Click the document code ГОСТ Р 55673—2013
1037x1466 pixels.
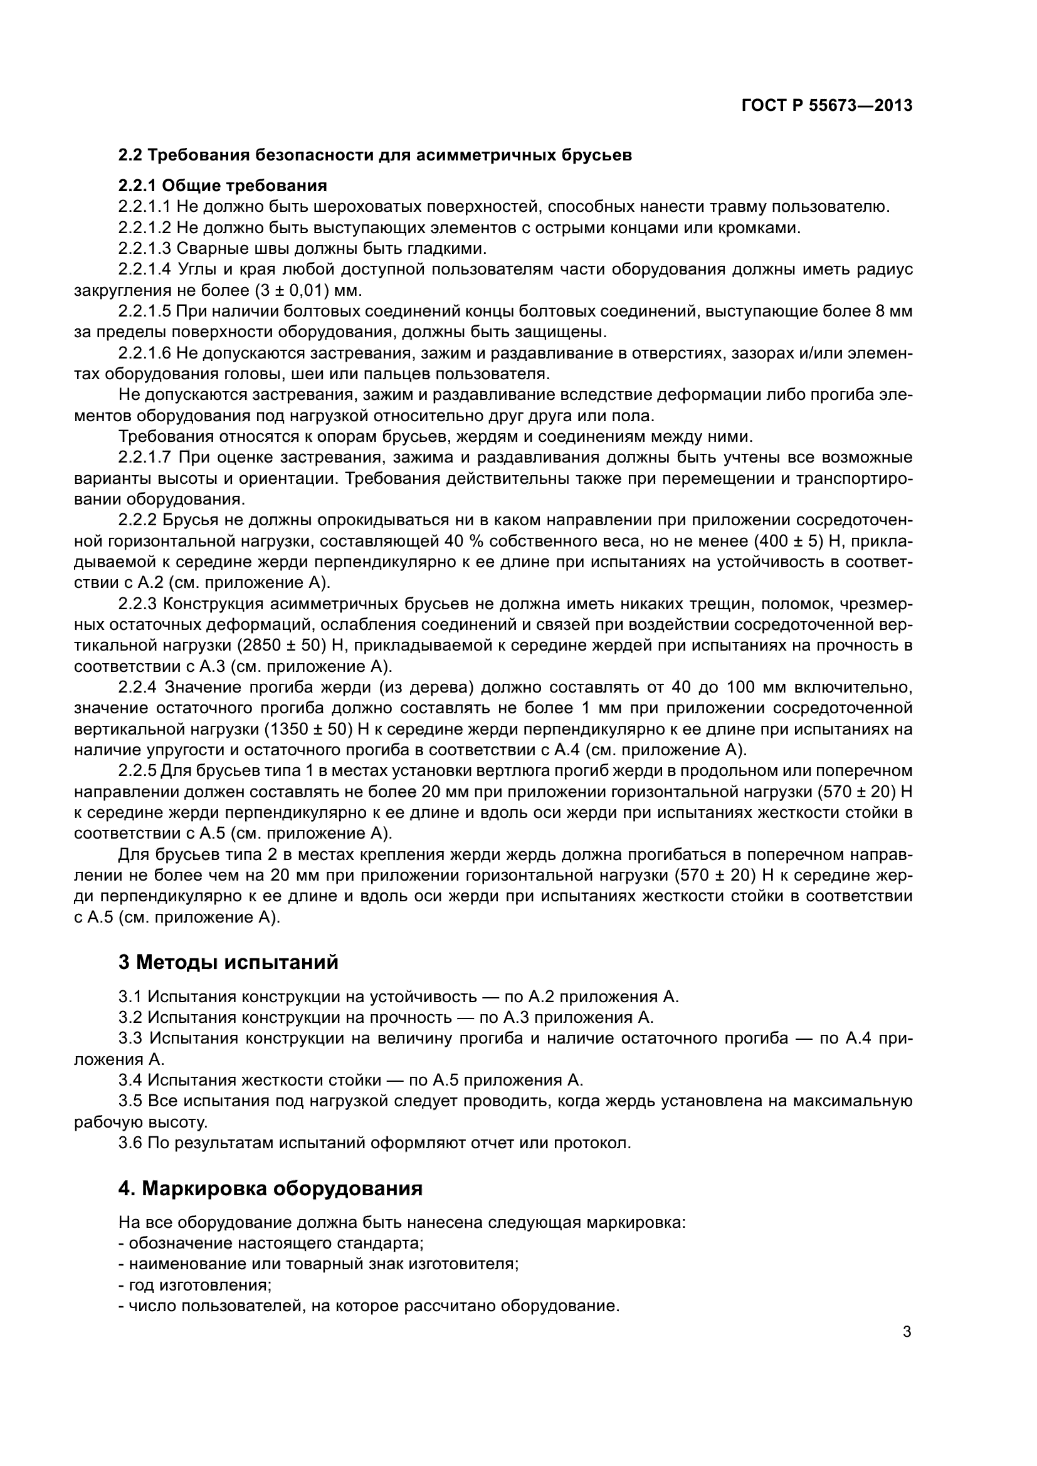click(827, 106)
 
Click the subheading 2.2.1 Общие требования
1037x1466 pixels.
click(222, 186)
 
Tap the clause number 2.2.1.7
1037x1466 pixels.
click(144, 457)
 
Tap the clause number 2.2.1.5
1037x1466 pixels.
click(144, 312)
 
